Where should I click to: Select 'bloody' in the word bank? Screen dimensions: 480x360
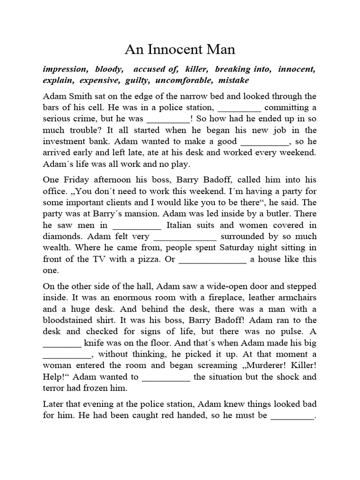coord(108,69)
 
